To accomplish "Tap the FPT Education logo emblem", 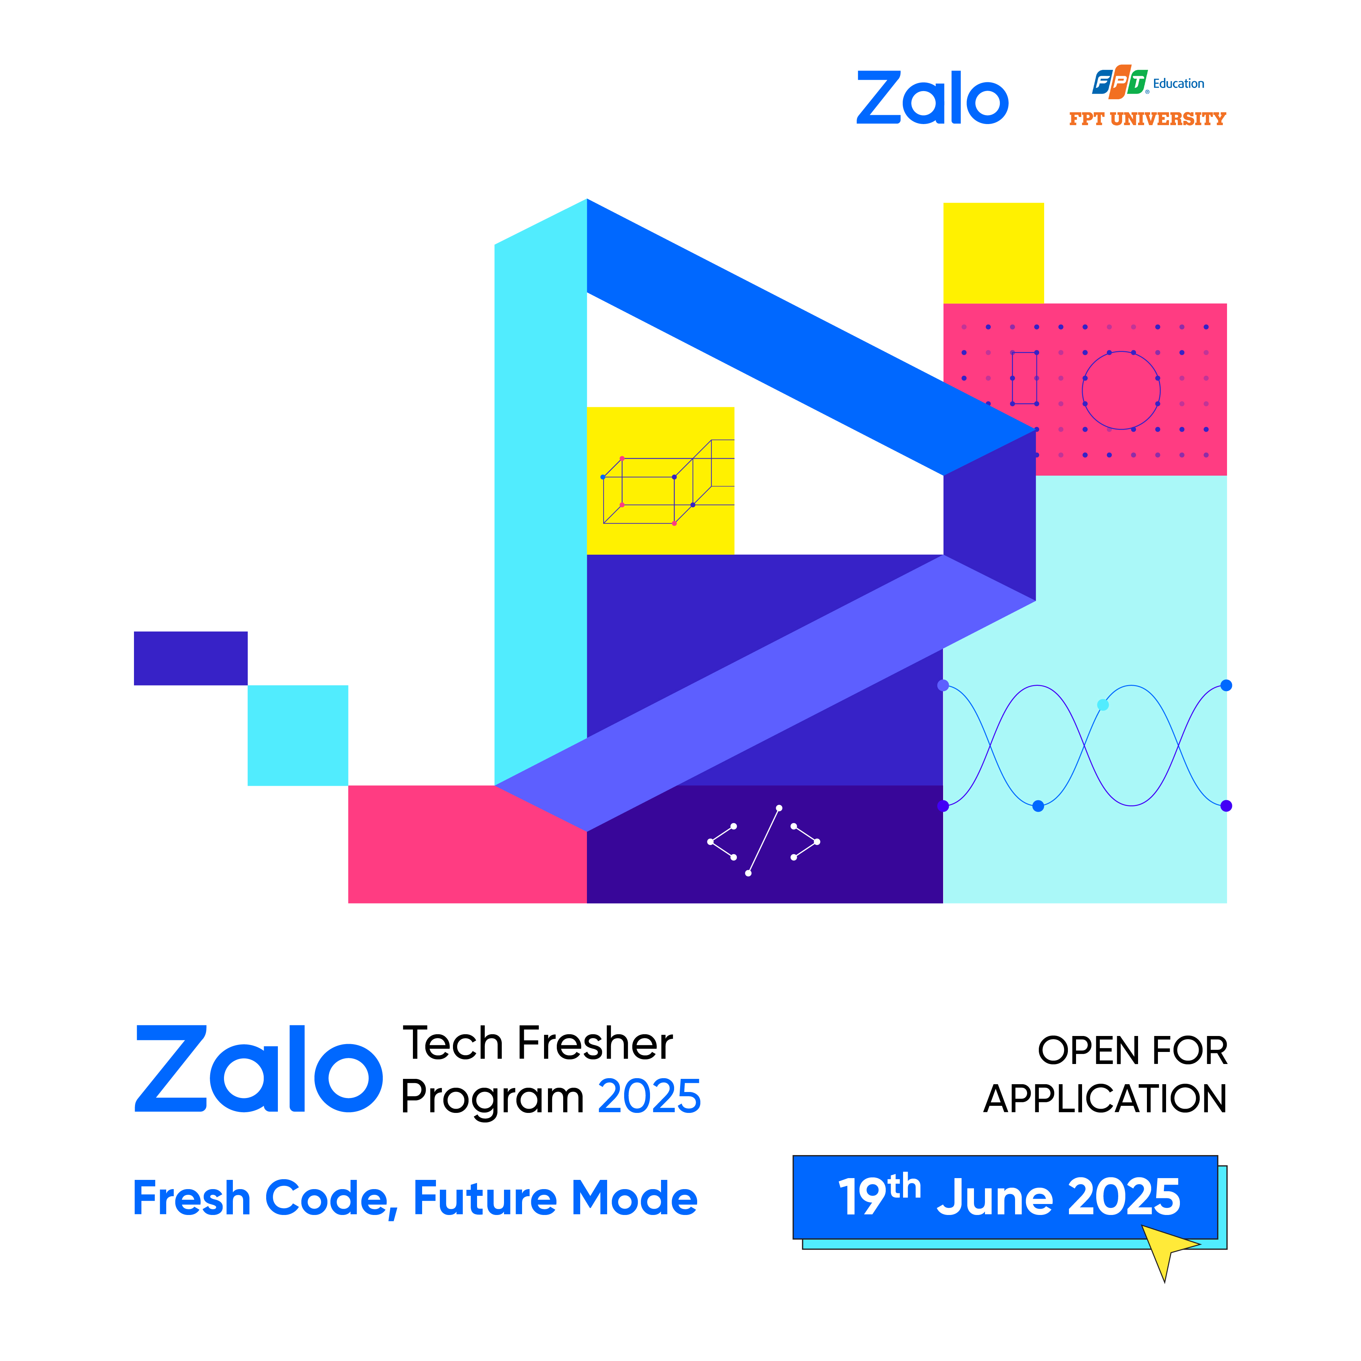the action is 1120,82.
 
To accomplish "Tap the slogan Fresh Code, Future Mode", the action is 415,1199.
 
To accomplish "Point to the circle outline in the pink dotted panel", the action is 1121,390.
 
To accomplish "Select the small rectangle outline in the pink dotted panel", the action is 1024,378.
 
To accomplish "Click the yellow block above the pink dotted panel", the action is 993,253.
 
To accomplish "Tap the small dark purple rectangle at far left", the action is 191,658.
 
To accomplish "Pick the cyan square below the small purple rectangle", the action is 298,735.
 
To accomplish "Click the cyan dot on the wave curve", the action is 1103,705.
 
